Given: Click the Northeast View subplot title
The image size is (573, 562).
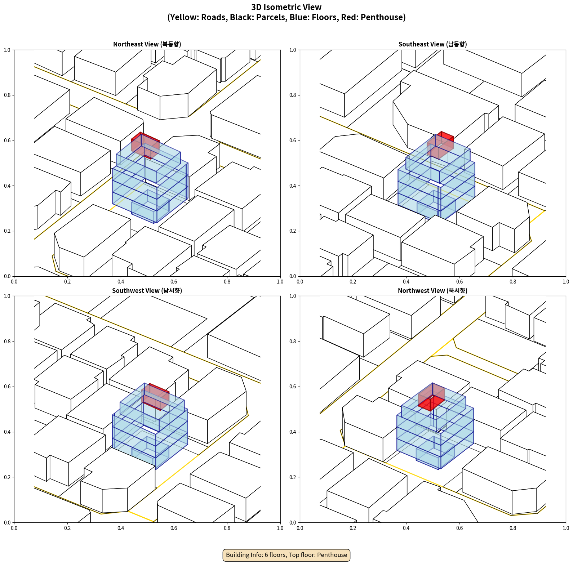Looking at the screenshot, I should click(x=147, y=44).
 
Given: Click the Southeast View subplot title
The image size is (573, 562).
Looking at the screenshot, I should click(x=432, y=44).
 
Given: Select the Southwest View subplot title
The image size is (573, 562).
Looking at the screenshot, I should click(x=147, y=291).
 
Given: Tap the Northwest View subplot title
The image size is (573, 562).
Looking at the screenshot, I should click(x=432, y=291).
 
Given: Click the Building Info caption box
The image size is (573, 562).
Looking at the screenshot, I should click(x=286, y=555).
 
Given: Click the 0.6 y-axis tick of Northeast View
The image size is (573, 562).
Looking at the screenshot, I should click(x=7, y=140).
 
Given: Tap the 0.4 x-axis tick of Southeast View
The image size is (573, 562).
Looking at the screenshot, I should click(x=406, y=282).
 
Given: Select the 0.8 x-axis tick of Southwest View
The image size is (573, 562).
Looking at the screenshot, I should click(x=227, y=528).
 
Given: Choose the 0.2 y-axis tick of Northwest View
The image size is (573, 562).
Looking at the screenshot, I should click(x=293, y=477).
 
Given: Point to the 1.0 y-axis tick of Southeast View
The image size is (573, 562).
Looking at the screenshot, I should click(x=293, y=50).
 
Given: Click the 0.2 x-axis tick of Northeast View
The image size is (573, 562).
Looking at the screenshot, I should click(x=67, y=282).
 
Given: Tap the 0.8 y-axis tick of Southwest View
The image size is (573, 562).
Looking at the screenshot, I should click(x=7, y=342).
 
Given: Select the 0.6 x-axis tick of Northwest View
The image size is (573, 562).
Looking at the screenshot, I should click(x=459, y=528).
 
